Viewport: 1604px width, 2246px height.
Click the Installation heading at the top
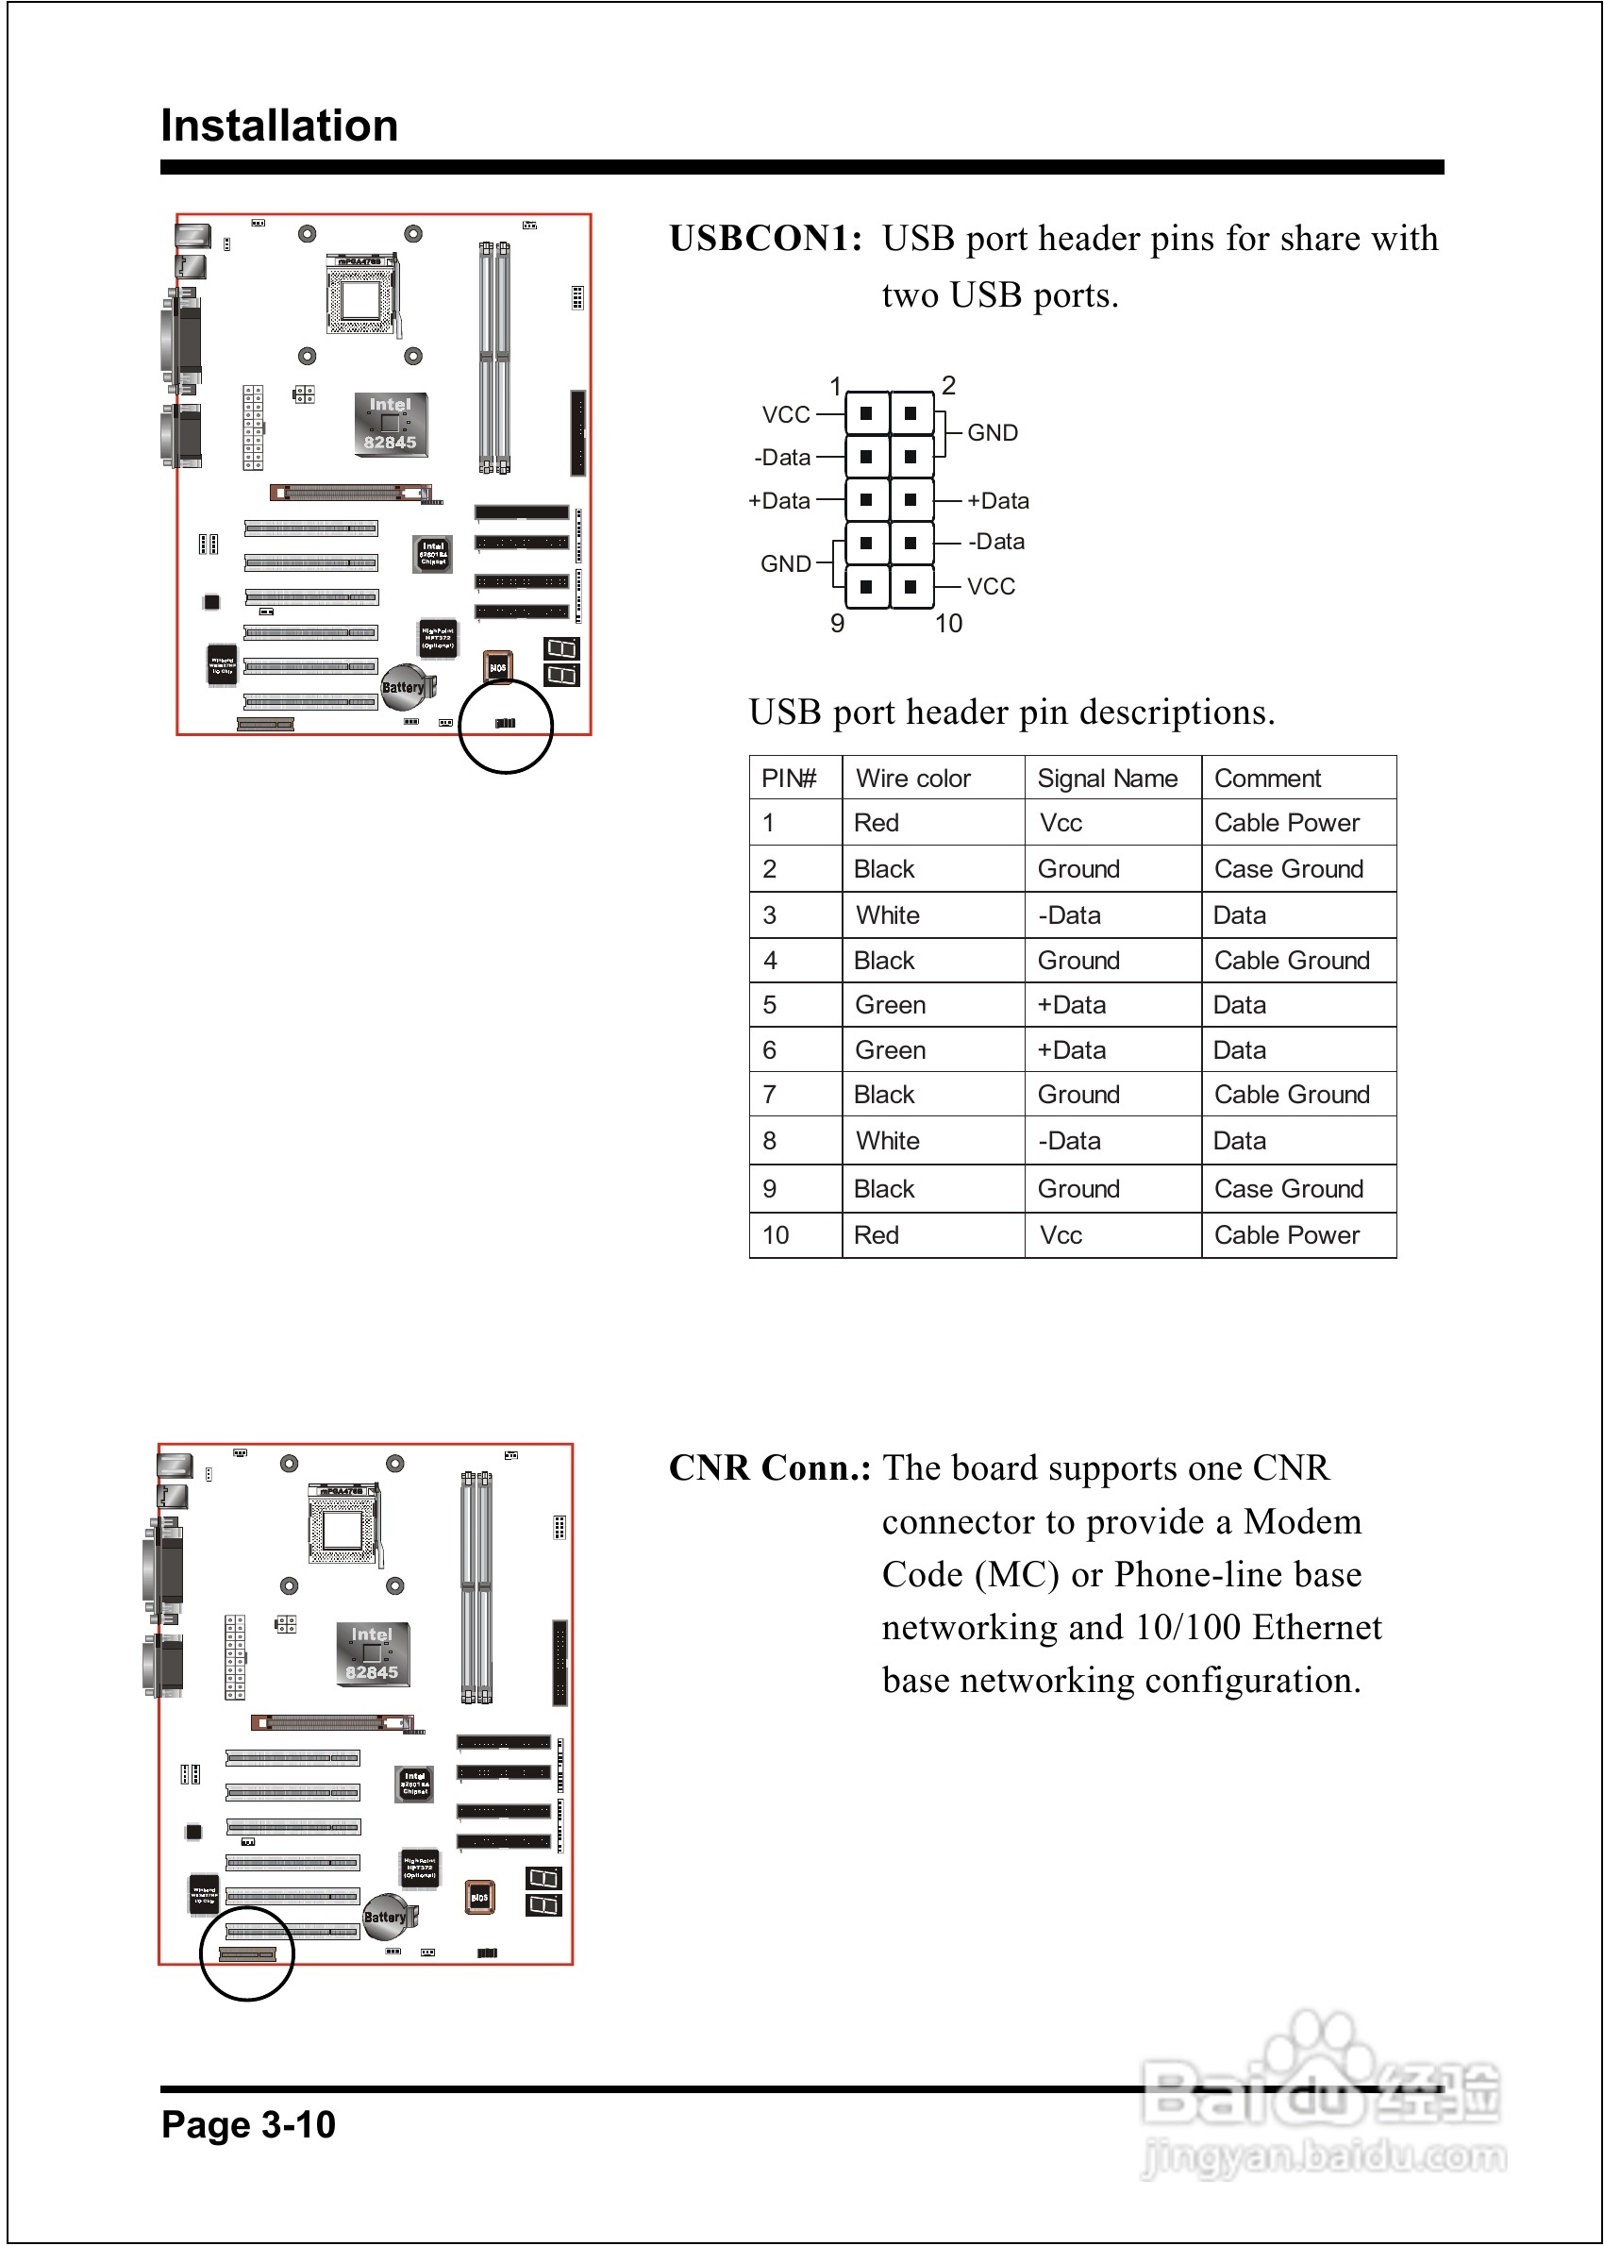(x=279, y=126)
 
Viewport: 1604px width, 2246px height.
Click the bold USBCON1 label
(x=765, y=239)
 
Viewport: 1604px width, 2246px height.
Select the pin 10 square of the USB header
(x=911, y=587)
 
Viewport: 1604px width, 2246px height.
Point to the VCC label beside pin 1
(x=786, y=415)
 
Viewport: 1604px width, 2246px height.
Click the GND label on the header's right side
(x=992, y=432)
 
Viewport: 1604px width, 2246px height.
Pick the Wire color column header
(x=912, y=779)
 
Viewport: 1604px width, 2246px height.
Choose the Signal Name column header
(x=1106, y=779)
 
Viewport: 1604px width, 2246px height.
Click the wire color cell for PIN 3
(x=887, y=915)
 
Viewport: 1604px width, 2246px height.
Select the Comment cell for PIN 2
(x=1288, y=869)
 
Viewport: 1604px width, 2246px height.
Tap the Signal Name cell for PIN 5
(x=1071, y=1005)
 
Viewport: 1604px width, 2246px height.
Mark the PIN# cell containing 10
(x=776, y=1235)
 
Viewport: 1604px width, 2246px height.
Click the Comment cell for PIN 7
(x=1291, y=1095)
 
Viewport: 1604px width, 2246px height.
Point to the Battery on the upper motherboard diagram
(x=403, y=687)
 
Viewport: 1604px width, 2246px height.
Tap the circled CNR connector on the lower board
(x=247, y=1954)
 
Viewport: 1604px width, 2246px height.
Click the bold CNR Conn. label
(x=769, y=1468)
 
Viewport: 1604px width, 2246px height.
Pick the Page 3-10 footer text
(x=248, y=2124)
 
